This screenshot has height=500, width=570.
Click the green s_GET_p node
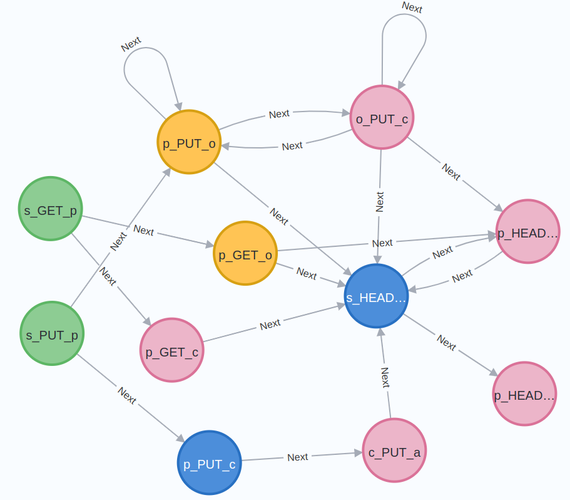51,209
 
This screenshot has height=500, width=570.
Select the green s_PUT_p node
52,333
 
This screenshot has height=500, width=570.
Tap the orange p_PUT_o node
189,142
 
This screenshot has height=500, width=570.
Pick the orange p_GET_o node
245,253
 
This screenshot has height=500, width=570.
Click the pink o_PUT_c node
382,117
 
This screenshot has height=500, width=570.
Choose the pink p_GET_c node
172,350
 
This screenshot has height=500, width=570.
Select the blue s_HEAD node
377,296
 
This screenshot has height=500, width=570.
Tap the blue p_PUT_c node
210,462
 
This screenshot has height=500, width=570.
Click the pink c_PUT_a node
394,450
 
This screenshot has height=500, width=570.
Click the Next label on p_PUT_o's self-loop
131,44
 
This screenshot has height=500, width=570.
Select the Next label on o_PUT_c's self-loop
412,8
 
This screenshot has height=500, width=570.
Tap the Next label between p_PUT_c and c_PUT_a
298,457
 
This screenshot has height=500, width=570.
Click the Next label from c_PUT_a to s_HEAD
385,377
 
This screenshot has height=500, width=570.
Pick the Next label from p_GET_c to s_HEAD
270,325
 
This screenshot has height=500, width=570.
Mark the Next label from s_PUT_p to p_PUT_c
126,396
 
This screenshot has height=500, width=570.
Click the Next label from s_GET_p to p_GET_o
143,231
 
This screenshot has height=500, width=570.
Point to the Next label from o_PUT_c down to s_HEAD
379,201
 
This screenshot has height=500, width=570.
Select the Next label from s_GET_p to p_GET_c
108,277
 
